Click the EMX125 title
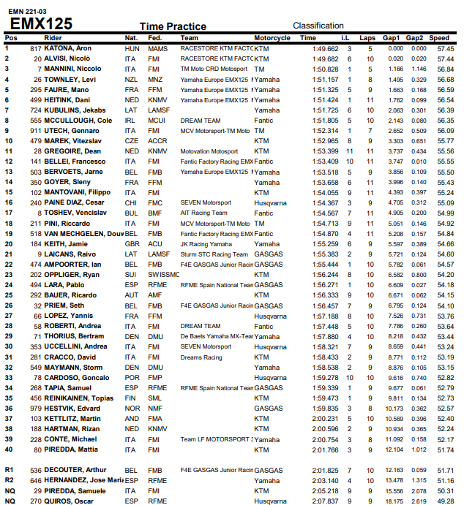click(41, 24)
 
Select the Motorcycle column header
click(272, 37)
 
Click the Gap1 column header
click(391, 37)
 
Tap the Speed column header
click(440, 37)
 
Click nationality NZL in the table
click(131, 78)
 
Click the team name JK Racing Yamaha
click(206, 244)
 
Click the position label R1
click(10, 470)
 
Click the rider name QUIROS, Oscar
click(70, 501)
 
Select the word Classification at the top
click(318, 26)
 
